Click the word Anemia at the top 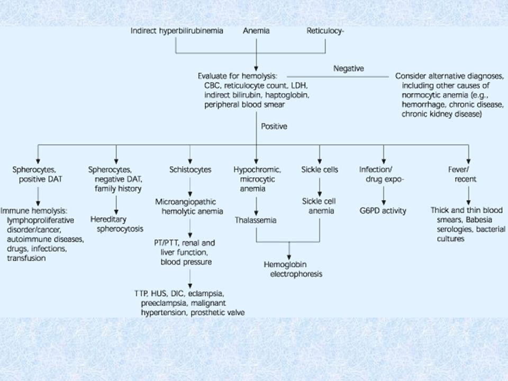[x=256, y=31]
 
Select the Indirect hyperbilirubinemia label [x=177, y=31]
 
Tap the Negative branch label [x=349, y=69]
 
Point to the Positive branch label [x=274, y=126]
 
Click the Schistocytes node [x=190, y=170]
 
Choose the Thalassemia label [x=256, y=220]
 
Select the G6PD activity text [x=383, y=211]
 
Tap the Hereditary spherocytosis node [x=117, y=224]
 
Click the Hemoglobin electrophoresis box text [x=293, y=269]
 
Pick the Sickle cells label [x=320, y=170]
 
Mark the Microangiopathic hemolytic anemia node [x=189, y=207]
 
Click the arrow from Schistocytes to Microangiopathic [x=190, y=187]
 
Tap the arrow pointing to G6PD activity [x=384, y=196]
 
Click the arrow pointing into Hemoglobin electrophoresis [x=289, y=251]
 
